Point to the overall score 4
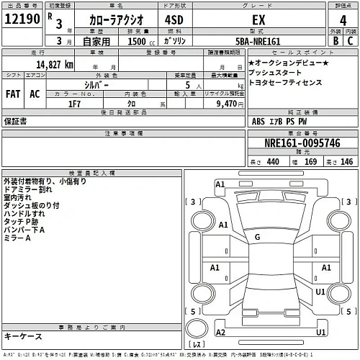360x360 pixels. click(x=332, y=22)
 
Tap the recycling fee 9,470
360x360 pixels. click(x=220, y=104)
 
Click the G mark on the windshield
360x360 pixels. click(x=256, y=237)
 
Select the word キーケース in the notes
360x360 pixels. click(x=23, y=336)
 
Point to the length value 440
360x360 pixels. click(x=272, y=162)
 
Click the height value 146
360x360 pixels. click(x=347, y=162)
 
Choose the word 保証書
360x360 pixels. click(x=15, y=122)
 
